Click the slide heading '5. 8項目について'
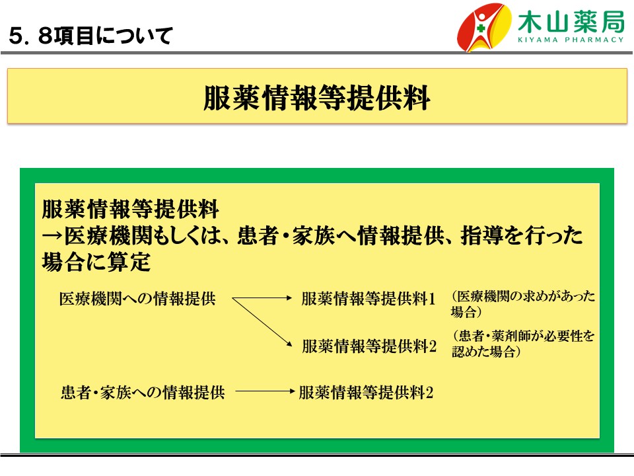click(91, 35)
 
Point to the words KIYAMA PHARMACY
click(571, 40)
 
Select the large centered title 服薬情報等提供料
click(316, 98)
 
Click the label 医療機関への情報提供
click(137, 299)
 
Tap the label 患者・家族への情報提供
click(143, 392)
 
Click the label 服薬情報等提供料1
click(369, 299)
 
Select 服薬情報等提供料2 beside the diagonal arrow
click(369, 346)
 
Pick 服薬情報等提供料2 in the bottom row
click(366, 392)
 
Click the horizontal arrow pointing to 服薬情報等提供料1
click(262, 298)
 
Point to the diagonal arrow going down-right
click(262, 323)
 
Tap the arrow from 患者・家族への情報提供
click(265, 391)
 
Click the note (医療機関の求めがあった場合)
click(523, 303)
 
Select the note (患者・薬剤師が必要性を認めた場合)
click(523, 343)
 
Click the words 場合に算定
click(96, 262)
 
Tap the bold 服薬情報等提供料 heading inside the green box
click(130, 209)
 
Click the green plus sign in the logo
click(480, 28)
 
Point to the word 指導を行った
click(522, 235)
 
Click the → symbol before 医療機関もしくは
click(53, 235)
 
